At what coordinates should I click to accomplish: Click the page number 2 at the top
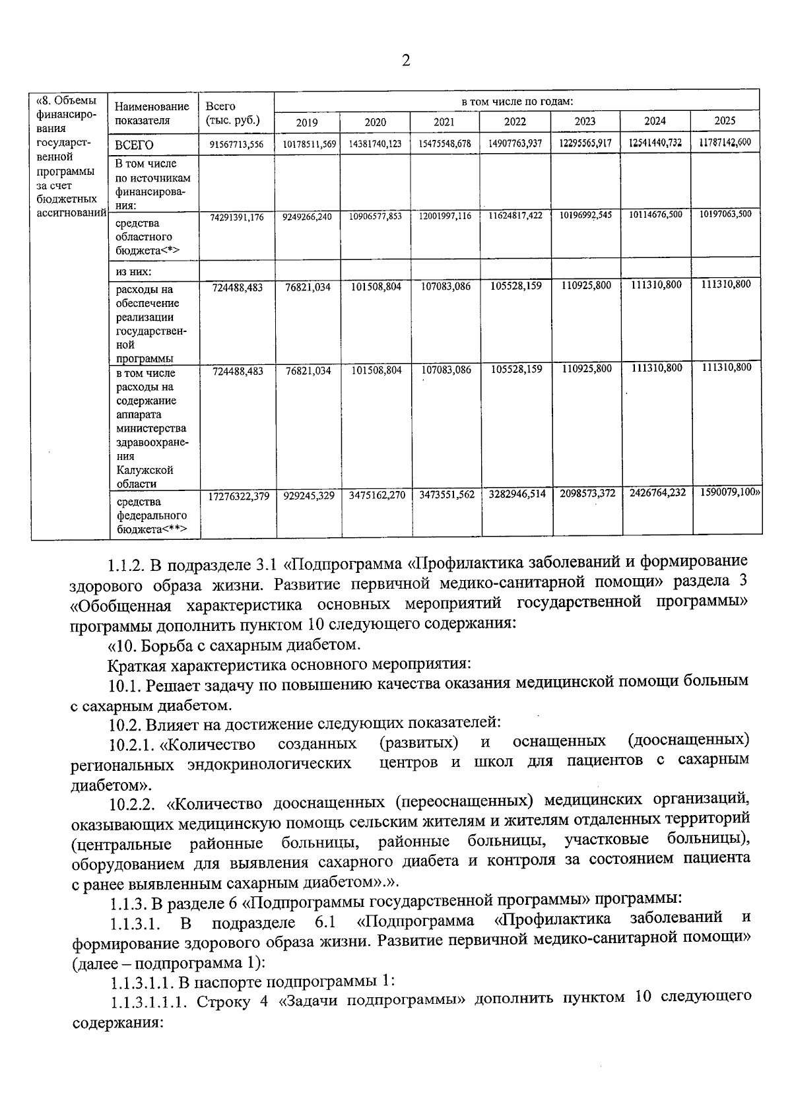tap(405, 61)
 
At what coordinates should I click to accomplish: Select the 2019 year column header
tap(306, 122)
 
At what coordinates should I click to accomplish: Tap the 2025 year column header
tap(725, 121)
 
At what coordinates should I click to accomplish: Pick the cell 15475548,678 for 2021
tap(445, 143)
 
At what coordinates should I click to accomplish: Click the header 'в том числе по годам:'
tap(516, 102)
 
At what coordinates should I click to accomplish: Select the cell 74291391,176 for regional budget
tap(236, 217)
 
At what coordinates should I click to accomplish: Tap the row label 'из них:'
tap(134, 271)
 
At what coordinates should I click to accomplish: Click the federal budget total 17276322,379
tap(238, 496)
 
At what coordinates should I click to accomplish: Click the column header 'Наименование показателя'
tap(152, 113)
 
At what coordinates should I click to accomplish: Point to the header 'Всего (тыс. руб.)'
tap(232, 113)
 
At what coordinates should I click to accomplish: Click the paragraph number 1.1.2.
tap(126, 566)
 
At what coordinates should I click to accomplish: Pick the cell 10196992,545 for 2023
tap(584, 215)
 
